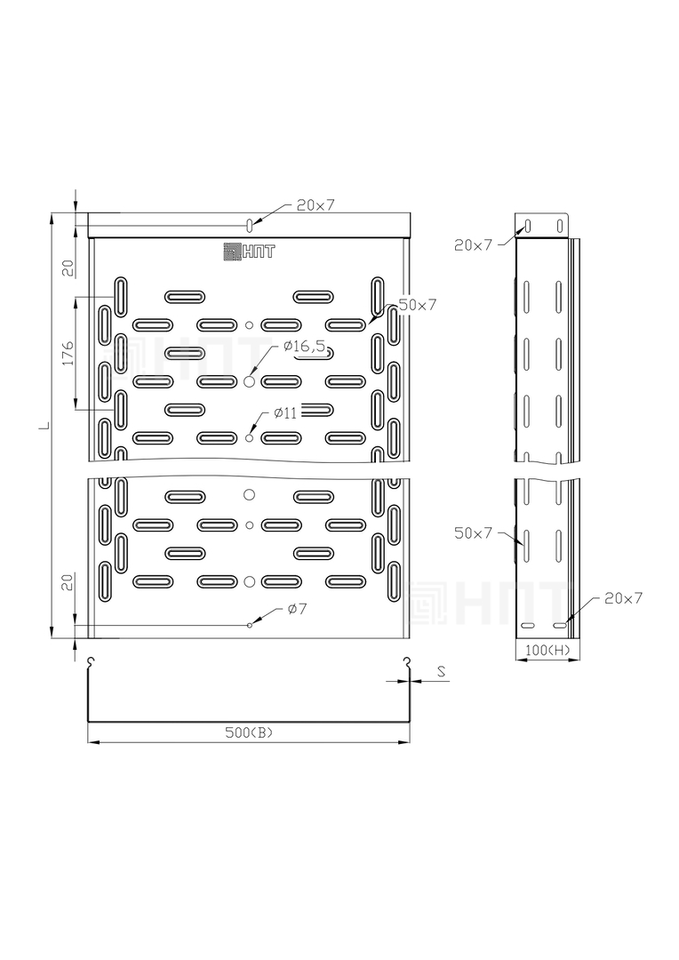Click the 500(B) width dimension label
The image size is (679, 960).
pos(249,732)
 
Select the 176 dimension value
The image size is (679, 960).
pos(68,353)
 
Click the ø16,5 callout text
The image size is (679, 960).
pos(304,347)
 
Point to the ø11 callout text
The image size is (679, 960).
pos(285,413)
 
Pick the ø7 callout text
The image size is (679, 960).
pos(297,609)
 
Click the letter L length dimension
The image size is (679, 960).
pos(43,424)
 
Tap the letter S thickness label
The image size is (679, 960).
pos(441,672)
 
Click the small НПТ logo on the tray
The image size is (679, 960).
pos(249,251)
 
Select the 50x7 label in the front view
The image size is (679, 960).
pos(418,304)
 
